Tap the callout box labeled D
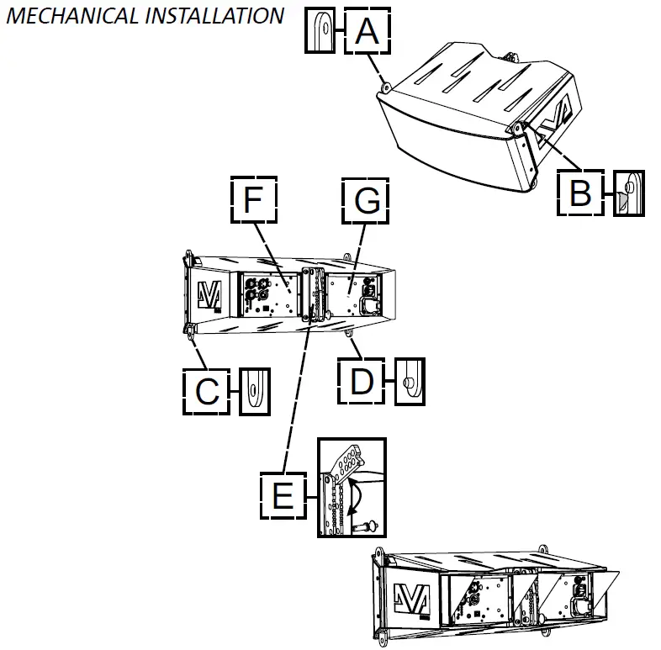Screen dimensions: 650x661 click(362, 381)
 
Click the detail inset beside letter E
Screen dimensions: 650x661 click(351, 488)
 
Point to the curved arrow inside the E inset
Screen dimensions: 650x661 click(358, 496)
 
